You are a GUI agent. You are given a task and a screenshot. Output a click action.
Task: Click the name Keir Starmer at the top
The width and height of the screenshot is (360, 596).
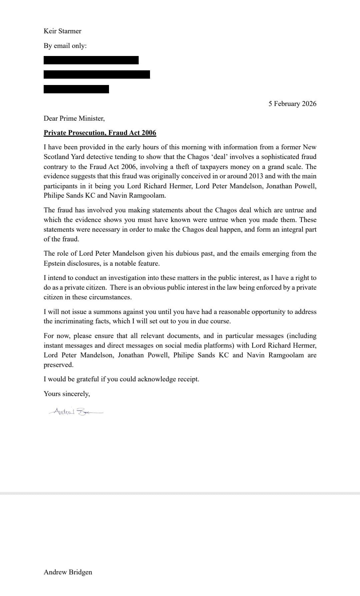click(x=62, y=31)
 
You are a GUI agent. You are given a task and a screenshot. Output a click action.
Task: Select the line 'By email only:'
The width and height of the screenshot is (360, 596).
click(x=65, y=46)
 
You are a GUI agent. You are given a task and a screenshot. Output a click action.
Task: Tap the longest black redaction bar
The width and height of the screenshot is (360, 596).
click(x=97, y=74)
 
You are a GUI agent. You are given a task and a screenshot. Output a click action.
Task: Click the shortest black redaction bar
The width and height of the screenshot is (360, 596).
click(x=76, y=89)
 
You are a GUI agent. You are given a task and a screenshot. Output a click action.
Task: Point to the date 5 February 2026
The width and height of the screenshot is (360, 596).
click(x=292, y=104)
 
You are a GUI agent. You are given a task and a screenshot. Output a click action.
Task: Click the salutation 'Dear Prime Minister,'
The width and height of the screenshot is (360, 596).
click(x=74, y=118)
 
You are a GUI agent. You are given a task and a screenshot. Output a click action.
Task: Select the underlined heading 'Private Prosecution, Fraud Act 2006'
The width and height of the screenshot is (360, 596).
click(x=100, y=133)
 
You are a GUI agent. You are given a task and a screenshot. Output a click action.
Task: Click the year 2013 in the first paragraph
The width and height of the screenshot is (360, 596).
click(x=256, y=176)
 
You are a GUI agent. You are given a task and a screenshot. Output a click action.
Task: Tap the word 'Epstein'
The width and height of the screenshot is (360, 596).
click(x=54, y=263)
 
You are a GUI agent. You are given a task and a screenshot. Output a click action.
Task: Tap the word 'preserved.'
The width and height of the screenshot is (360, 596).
click(x=58, y=365)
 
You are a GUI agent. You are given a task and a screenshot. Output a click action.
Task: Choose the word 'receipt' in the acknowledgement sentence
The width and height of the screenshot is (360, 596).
click(x=188, y=379)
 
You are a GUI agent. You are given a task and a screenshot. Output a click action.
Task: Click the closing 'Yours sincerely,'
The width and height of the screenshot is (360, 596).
click(x=67, y=394)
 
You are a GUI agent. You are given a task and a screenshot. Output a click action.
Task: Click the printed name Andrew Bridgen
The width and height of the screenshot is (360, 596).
click(x=68, y=572)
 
